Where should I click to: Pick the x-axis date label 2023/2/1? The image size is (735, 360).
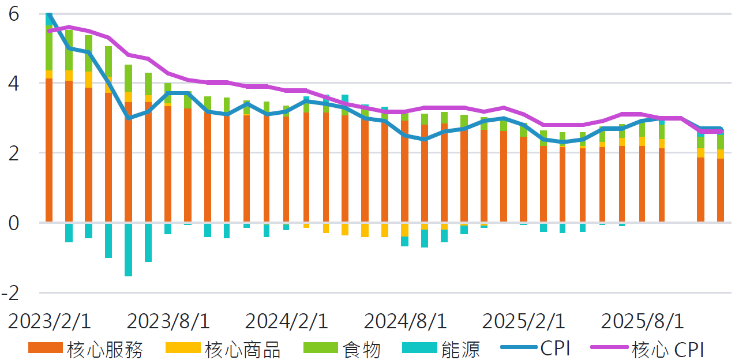[49, 321]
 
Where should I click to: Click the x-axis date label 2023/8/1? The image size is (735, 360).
[168, 321]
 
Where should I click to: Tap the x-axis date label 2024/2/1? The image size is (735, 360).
[286, 321]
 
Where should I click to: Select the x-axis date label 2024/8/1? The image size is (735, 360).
[405, 321]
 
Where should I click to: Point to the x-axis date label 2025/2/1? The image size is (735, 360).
[523, 321]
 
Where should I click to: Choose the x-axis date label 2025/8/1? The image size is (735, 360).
[642, 321]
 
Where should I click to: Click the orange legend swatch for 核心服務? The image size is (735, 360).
[44, 348]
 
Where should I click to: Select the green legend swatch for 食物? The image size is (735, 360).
[320, 348]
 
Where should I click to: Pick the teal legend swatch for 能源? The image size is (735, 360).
[419, 348]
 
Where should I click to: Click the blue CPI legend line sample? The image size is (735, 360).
[519, 348]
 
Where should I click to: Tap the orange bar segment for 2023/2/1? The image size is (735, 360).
[49, 150]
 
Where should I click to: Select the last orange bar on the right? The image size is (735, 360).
[721, 190]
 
